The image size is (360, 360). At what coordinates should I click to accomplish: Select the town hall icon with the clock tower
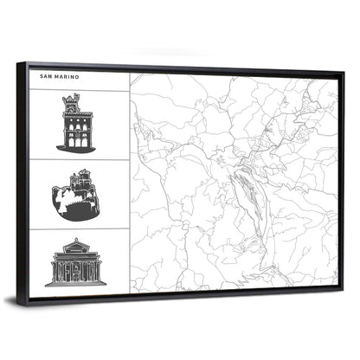(x=75, y=125)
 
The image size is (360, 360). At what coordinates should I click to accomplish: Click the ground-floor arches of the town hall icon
(x=76, y=138)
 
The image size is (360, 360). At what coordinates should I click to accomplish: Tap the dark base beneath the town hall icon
(x=76, y=148)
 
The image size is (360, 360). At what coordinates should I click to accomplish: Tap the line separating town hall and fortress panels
(x=80, y=159)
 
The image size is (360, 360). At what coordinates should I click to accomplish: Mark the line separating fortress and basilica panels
(x=80, y=228)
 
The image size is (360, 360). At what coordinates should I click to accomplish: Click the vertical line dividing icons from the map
(x=130, y=182)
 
